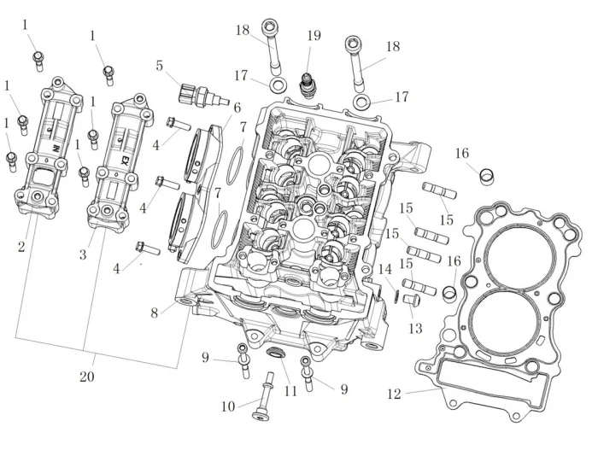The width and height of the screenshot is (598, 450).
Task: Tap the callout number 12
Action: pyautogui.click(x=393, y=394)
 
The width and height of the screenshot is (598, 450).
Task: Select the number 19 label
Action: pyautogui.click(x=314, y=36)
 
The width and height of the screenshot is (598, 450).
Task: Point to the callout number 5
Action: pyautogui.click(x=160, y=66)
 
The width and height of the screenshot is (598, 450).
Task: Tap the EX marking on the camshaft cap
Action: pyautogui.click(x=125, y=160)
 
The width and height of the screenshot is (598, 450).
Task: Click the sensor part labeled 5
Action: pyautogui.click(x=202, y=93)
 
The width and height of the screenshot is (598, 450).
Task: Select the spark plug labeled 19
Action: pyautogui.click(x=308, y=85)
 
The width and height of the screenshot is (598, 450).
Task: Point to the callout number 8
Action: pyautogui.click(x=155, y=313)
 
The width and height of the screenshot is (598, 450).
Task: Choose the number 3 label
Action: pyautogui.click(x=83, y=254)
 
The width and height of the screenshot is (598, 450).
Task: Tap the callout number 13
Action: pyautogui.click(x=415, y=329)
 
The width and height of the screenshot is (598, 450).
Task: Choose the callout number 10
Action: pyautogui.click(x=227, y=406)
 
